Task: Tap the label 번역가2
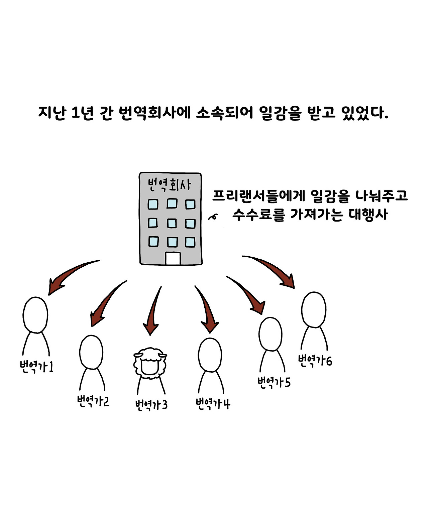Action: point(93,401)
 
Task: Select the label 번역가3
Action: point(151,405)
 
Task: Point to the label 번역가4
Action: point(213,404)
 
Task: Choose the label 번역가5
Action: point(274,382)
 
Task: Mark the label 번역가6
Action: point(315,361)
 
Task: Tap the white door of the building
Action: point(173,259)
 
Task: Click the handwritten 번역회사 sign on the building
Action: point(170,184)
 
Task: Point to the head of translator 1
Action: point(35,315)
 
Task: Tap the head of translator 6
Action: point(314,309)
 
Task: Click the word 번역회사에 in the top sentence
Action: point(154,113)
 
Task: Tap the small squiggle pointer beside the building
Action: point(213,217)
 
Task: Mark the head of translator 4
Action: point(210,355)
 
